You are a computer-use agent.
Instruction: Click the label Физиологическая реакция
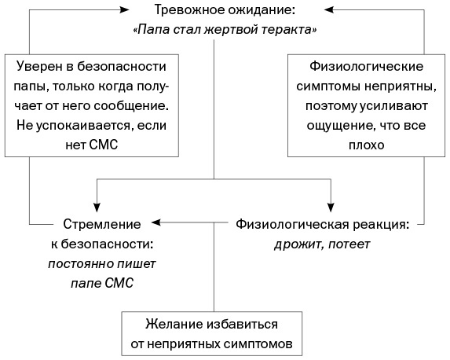tap(322, 224)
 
